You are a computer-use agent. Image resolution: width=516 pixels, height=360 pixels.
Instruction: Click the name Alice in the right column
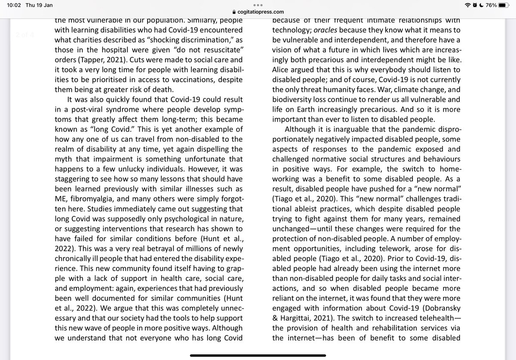tap(282, 70)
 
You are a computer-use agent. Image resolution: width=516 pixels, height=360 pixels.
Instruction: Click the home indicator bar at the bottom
tap(258, 355)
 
